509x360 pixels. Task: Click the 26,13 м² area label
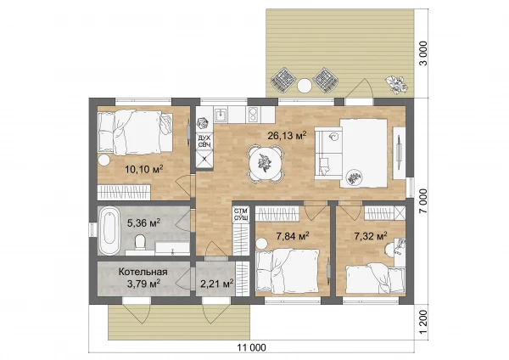point(287,135)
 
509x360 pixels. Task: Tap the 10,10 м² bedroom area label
point(144,169)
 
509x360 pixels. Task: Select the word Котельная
point(143,272)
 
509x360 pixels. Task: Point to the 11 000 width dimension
point(252,347)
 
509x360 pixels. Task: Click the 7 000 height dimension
point(423,201)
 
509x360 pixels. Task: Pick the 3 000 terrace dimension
point(423,53)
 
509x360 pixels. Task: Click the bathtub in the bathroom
point(109,231)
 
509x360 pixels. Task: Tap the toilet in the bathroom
point(140,242)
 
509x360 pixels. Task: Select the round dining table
point(265,163)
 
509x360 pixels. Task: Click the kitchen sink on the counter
point(221,115)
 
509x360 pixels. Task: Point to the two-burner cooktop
point(253,115)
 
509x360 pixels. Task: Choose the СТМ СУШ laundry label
point(242,214)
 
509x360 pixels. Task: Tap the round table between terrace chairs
point(305,86)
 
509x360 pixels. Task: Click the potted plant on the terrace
point(396,84)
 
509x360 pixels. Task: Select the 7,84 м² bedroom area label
point(293,236)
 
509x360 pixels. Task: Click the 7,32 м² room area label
point(371,236)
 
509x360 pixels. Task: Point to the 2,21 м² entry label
point(217,284)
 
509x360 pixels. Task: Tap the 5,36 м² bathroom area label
point(143,223)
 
